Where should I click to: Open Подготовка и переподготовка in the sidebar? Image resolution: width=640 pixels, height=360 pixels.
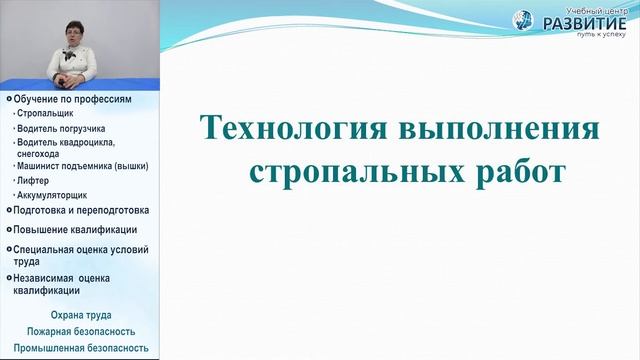point(80,210)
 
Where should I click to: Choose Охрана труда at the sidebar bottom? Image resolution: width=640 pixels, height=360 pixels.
point(80,316)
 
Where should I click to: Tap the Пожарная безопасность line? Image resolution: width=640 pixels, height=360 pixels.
point(80,331)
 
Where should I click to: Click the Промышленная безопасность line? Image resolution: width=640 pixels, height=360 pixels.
point(80,347)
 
